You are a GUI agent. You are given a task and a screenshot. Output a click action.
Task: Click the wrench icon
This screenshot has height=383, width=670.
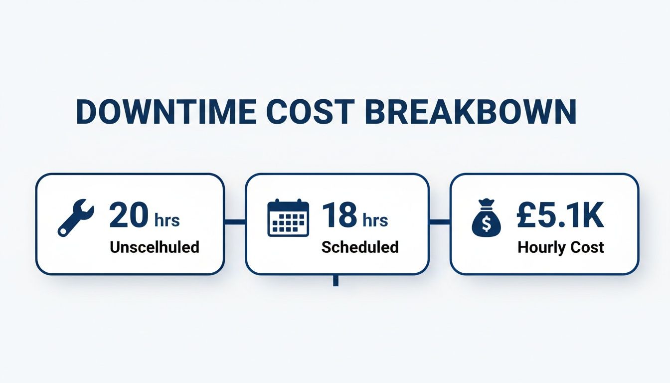[x=75, y=217]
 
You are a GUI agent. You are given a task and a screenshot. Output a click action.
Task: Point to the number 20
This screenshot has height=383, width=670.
[x=129, y=215]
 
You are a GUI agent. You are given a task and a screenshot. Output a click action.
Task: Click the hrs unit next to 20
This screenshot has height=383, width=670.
[x=167, y=220]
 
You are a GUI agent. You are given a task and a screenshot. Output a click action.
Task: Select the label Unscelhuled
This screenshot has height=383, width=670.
[x=155, y=246]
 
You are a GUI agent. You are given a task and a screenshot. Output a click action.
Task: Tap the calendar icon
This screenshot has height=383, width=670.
[x=288, y=217]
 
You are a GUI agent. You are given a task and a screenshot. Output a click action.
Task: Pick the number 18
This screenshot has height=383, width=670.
[x=339, y=215]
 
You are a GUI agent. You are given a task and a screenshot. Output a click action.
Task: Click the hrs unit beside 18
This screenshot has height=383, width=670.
[x=375, y=220]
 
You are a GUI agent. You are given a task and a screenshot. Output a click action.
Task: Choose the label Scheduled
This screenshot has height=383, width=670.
[x=360, y=246]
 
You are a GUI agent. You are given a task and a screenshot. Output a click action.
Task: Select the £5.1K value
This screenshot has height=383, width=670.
[x=560, y=215]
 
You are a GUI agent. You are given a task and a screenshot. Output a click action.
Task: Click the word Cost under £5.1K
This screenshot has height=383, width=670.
[x=587, y=247]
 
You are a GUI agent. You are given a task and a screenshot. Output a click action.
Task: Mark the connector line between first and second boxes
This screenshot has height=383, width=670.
[x=235, y=221]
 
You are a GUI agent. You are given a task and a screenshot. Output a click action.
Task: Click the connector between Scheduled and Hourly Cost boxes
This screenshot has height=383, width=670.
[x=440, y=221]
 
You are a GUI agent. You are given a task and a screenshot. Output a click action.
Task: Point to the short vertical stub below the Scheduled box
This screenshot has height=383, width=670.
[x=335, y=280]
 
